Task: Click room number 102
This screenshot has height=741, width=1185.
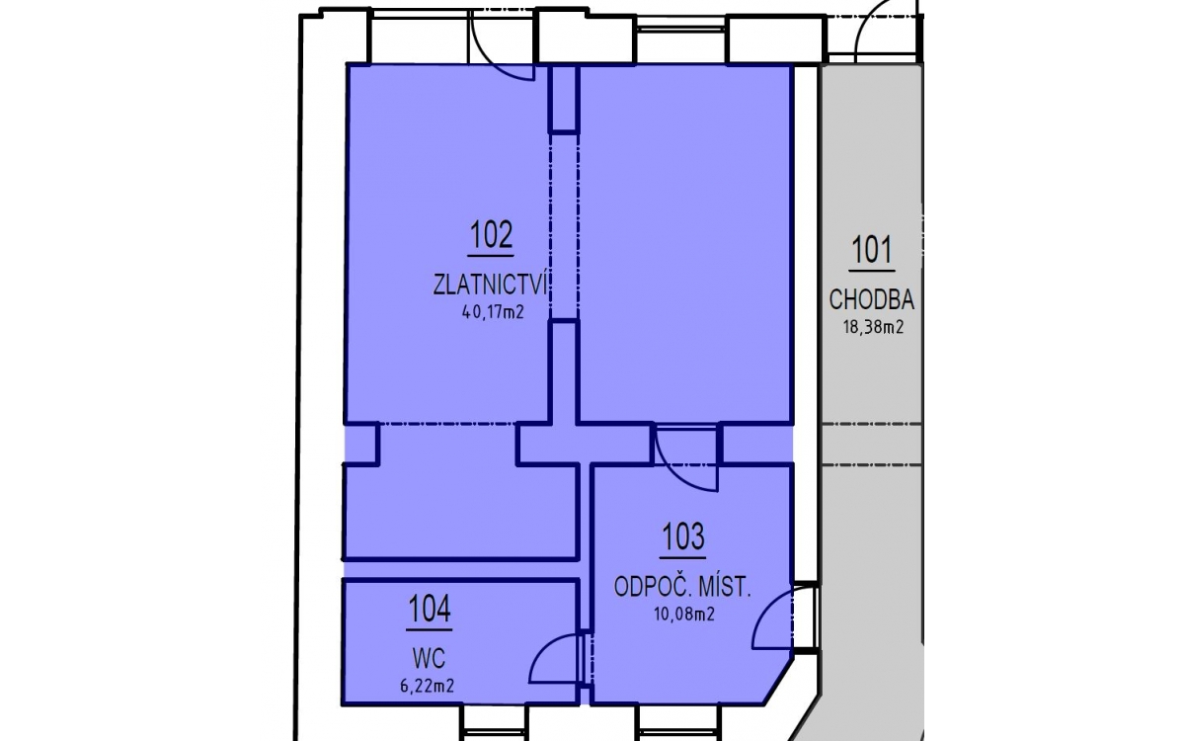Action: [491, 234]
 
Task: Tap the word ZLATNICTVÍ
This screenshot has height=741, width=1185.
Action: [491, 285]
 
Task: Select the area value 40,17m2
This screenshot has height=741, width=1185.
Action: [493, 313]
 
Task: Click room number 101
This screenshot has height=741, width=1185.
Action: [872, 250]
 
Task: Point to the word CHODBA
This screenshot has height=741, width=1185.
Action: [871, 299]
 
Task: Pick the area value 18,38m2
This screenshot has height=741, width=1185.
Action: [873, 328]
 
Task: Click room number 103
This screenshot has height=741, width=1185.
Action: [683, 536]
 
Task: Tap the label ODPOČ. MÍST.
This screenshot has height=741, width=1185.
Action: [682, 587]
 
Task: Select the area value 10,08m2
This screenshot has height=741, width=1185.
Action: [684, 614]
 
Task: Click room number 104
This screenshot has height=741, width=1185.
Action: [429, 609]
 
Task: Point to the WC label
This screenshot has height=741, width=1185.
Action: [429, 659]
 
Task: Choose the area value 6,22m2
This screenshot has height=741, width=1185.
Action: [428, 687]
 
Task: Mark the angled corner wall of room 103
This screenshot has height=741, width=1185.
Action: [779, 681]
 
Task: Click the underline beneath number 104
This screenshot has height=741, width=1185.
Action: [429, 630]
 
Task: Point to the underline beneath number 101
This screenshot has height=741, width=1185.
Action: [872, 271]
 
